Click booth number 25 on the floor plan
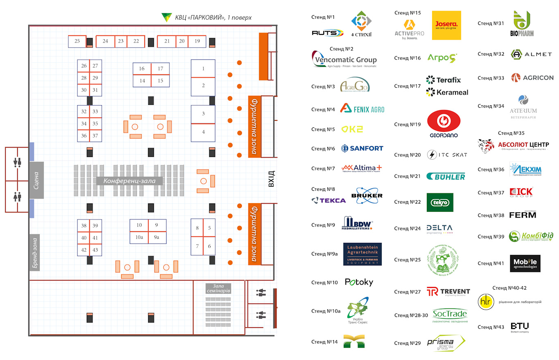[x=77, y=41]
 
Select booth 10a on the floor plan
[x=139, y=238]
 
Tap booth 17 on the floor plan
[x=160, y=69]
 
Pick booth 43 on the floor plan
[x=95, y=250]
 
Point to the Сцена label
[x=36, y=181]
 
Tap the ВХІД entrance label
[x=271, y=179]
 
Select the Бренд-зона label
[x=36, y=253]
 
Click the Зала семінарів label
[x=219, y=288]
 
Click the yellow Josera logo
[x=446, y=25]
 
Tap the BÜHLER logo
[x=446, y=177]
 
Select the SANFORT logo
[x=362, y=148]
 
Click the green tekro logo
[x=440, y=202]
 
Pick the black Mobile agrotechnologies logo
[x=525, y=263]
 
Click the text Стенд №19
[x=407, y=125]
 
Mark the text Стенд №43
[x=491, y=327]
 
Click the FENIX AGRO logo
[x=362, y=109]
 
